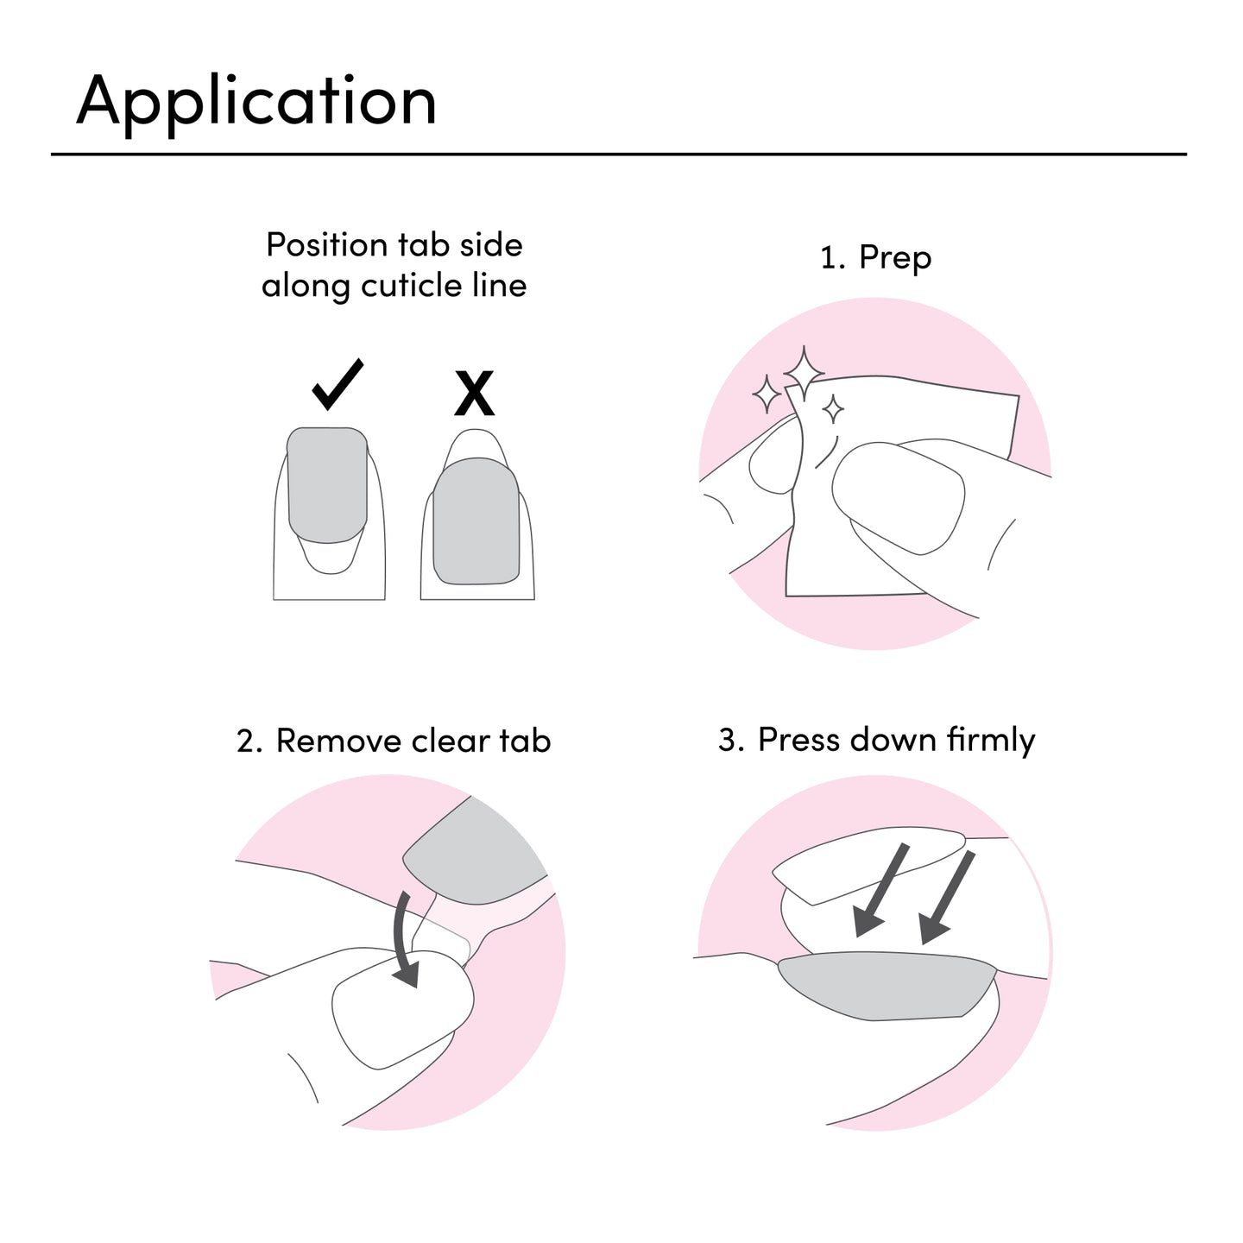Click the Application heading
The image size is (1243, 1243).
pyautogui.click(x=256, y=104)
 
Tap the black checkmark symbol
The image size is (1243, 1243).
pyautogui.click(x=337, y=385)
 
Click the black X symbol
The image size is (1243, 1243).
pyautogui.click(x=474, y=393)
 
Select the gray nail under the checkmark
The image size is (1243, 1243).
pyautogui.click(x=327, y=484)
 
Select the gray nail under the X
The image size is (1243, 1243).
pyautogui.click(x=476, y=521)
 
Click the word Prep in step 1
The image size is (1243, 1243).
pyautogui.click(x=895, y=259)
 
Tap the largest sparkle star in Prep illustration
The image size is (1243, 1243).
pyautogui.click(x=803, y=373)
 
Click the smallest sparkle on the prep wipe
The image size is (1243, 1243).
pyautogui.click(x=833, y=409)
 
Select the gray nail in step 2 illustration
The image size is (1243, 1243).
pyautogui.click(x=475, y=852)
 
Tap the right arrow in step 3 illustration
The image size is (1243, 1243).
pyautogui.click(x=946, y=897)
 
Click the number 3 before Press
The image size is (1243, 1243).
pyautogui.click(x=727, y=740)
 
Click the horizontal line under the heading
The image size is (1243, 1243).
pyautogui.click(x=619, y=155)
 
